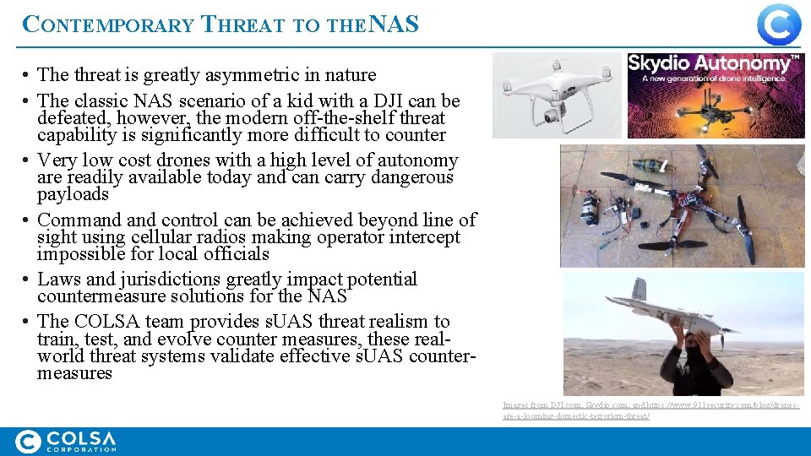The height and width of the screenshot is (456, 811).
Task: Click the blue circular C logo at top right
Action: [778, 24]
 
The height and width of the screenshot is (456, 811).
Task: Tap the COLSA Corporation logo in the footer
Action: [66, 442]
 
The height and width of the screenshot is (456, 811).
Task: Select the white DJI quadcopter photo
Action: [557, 95]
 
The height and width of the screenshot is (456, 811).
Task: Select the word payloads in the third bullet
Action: [73, 194]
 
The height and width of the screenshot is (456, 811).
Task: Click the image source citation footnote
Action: [650, 411]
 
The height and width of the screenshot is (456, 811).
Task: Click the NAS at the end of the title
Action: [394, 24]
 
